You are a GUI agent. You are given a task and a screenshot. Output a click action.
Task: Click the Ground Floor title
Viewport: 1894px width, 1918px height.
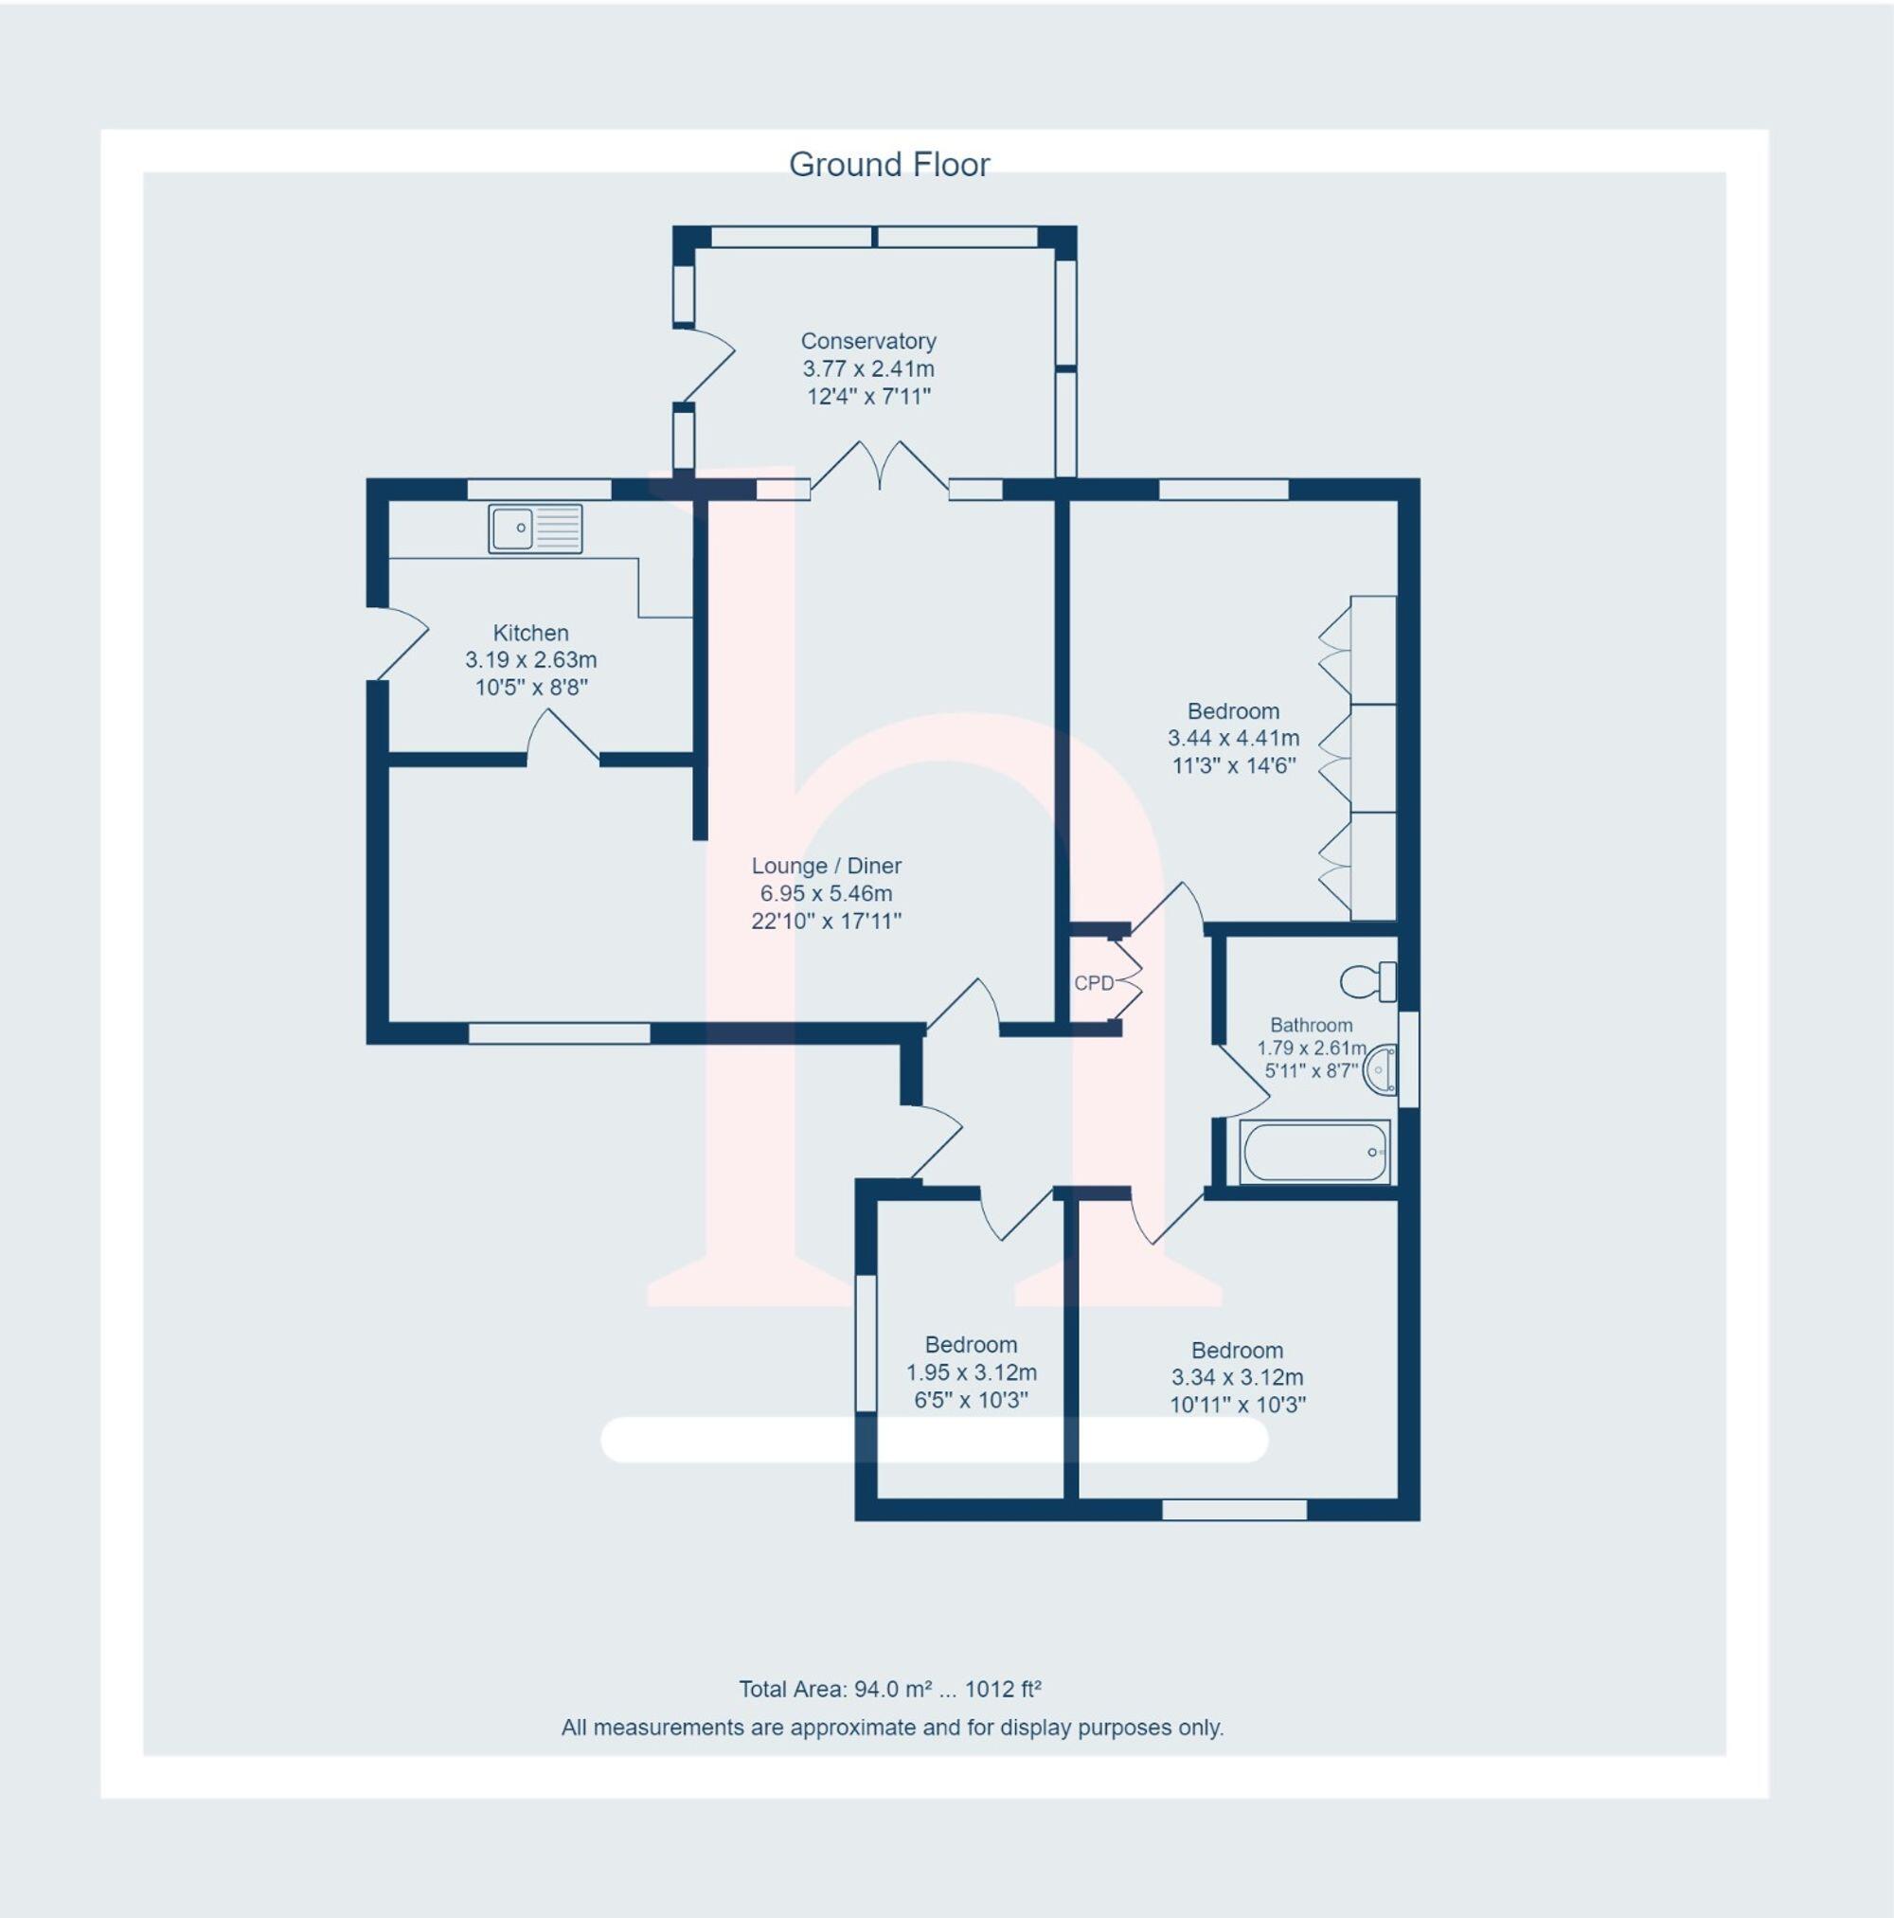click(888, 165)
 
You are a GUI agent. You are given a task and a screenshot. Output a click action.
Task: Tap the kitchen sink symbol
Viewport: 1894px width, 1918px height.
click(535, 529)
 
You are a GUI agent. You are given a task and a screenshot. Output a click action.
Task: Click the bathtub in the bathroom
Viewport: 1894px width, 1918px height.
click(1313, 1152)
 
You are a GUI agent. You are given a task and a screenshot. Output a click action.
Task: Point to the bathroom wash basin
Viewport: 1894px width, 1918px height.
click(1382, 1070)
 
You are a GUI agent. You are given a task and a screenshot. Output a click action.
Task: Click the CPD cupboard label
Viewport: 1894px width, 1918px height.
click(1094, 983)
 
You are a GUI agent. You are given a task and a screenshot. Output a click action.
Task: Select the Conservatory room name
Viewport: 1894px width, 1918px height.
click(868, 341)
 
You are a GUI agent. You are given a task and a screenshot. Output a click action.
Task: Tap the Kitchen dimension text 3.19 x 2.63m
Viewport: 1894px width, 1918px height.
click(531, 659)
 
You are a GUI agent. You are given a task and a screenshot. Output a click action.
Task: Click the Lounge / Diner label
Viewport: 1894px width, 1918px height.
click(826, 865)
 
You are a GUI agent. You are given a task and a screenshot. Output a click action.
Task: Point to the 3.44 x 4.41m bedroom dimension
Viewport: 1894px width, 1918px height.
click(1233, 738)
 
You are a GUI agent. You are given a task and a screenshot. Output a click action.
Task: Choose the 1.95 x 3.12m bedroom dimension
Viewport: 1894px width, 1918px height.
click(971, 1372)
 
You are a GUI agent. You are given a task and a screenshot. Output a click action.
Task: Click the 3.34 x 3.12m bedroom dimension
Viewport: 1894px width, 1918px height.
click(1237, 1377)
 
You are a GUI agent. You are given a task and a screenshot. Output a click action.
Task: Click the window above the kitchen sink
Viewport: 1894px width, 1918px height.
click(539, 489)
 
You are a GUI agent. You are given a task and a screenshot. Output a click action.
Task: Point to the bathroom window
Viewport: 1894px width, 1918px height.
click(1407, 1058)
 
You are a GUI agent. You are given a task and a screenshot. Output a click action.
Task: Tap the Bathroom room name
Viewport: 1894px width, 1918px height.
click(1312, 1025)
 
